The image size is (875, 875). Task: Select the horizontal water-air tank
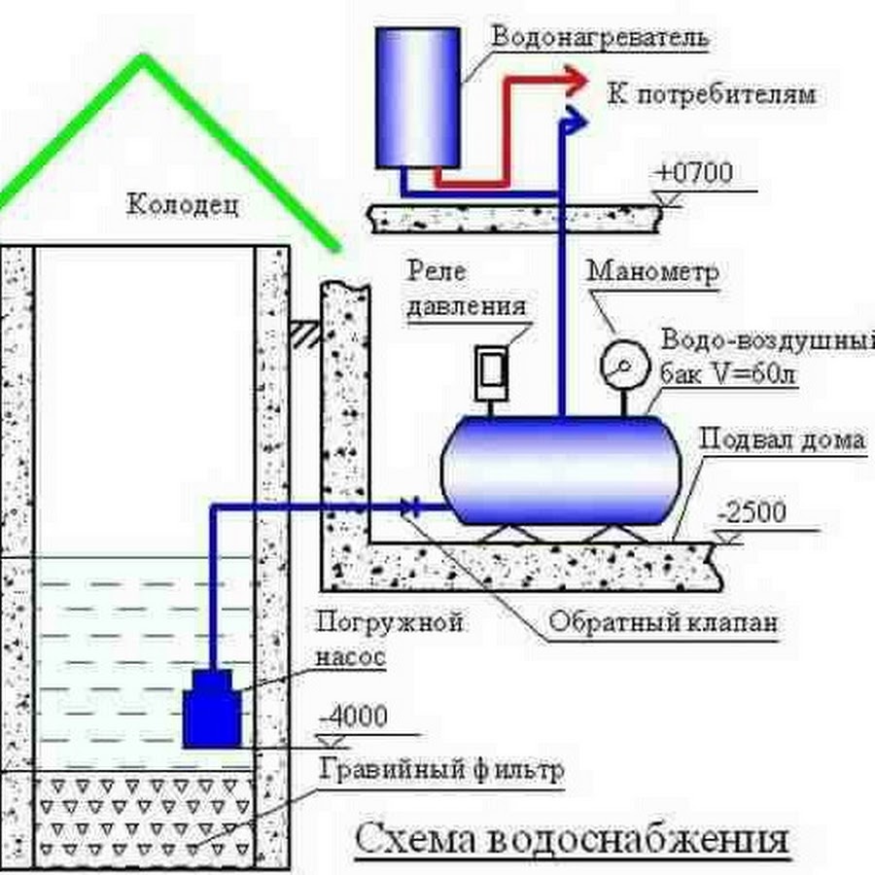click(x=559, y=467)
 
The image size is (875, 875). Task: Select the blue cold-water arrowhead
click(x=575, y=119)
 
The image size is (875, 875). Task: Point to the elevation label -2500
click(x=751, y=513)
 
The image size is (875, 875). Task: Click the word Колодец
click(x=182, y=205)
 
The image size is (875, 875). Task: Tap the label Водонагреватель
click(x=600, y=38)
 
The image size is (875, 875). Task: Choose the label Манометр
click(x=652, y=271)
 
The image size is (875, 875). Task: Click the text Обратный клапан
click(x=663, y=622)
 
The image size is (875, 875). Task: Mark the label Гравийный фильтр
click(x=440, y=771)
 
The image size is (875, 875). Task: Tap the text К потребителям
click(x=711, y=94)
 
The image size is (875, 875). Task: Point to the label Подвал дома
click(x=782, y=439)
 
